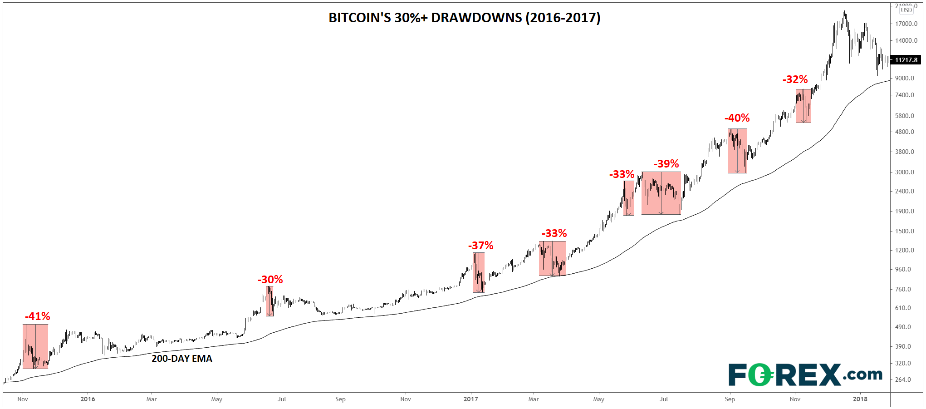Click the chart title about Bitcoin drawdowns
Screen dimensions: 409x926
(464, 18)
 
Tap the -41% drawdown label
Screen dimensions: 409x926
(37, 316)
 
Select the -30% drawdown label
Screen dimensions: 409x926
(270, 280)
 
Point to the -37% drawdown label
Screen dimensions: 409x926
(480, 246)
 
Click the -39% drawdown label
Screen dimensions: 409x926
(666, 164)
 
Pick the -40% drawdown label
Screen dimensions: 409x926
(737, 118)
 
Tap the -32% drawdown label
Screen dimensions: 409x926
(795, 79)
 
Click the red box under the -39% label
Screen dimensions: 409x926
(661, 193)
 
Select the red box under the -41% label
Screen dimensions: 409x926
(35, 346)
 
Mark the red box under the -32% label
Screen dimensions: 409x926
(804, 106)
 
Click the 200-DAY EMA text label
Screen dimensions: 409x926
(181, 359)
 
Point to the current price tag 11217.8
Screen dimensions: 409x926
(906, 60)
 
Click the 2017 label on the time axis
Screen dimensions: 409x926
(470, 399)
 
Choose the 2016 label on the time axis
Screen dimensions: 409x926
(88, 399)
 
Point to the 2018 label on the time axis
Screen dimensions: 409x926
(860, 399)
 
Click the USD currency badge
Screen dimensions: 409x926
(906, 10)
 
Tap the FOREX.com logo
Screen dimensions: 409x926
(805, 375)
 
